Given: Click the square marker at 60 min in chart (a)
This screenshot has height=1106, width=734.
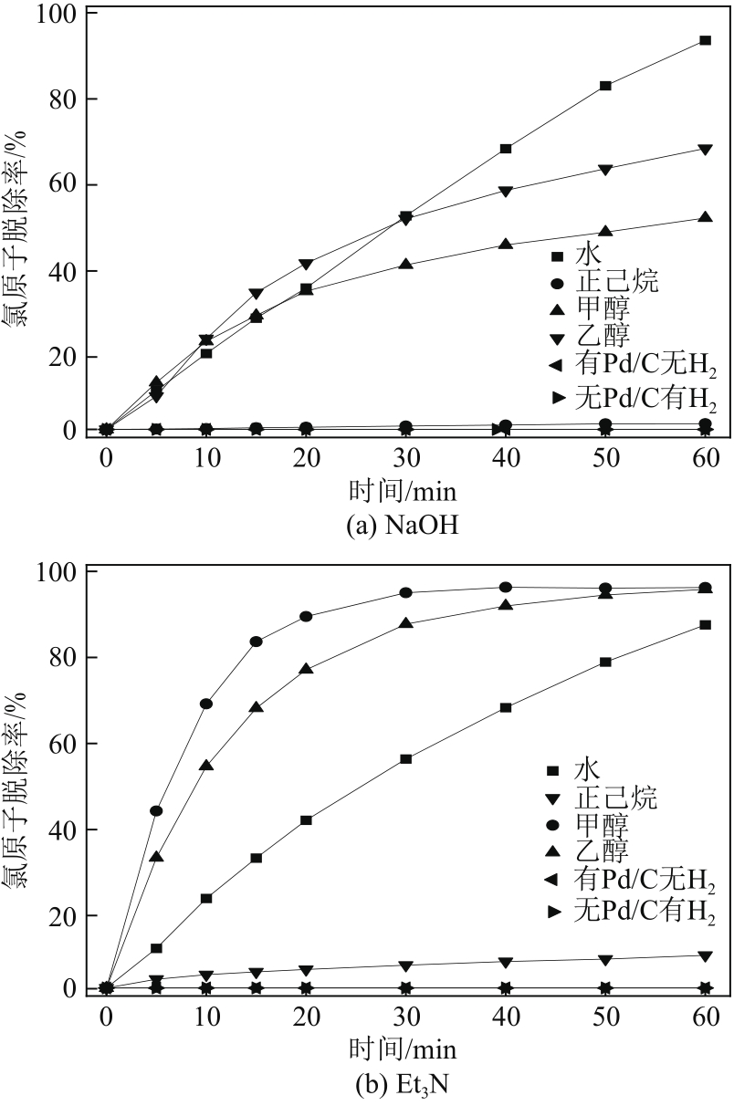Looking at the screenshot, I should coord(705,40).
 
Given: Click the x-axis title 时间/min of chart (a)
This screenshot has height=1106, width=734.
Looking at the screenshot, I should coord(403,492).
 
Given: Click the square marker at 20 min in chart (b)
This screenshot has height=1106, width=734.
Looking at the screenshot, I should coord(306,820).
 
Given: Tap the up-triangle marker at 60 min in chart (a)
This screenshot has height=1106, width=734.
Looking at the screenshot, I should coord(705,217).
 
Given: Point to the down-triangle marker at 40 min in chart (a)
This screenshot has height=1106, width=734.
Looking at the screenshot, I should coord(505,191).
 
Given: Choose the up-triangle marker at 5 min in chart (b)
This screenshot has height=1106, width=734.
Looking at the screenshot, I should coord(156,857).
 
